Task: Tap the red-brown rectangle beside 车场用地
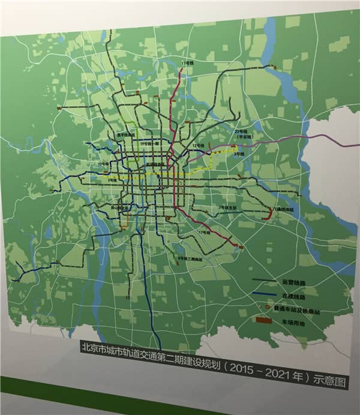(264, 321)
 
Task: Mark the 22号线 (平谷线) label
(242, 134)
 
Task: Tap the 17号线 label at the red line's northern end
(188, 63)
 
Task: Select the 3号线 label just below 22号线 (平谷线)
(239, 154)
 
